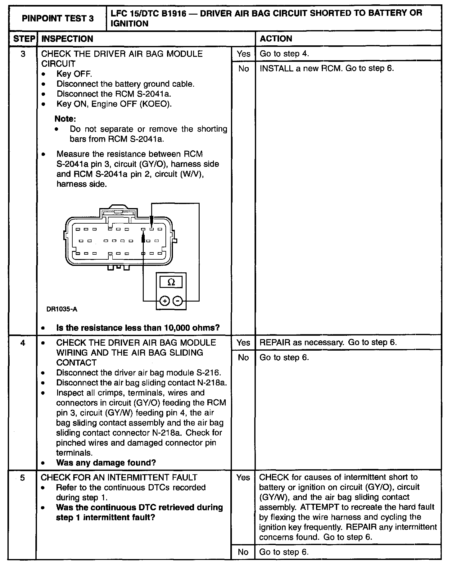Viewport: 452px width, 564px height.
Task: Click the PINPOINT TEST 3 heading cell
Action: coord(57,19)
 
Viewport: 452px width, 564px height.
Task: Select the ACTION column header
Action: coord(276,39)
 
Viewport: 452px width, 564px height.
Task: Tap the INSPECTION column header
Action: coord(67,39)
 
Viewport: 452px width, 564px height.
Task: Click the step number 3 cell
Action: coord(23,54)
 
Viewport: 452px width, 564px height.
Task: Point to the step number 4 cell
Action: coord(23,343)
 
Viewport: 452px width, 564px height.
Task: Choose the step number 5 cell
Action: coord(22,477)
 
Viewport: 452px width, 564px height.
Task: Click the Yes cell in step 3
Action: coord(243,54)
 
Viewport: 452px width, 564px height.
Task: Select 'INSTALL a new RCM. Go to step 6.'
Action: coord(327,68)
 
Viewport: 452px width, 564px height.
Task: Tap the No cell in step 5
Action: coord(243,552)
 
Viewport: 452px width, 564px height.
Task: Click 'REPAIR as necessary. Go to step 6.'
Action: coord(328,343)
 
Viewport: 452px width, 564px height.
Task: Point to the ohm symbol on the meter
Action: coord(171,282)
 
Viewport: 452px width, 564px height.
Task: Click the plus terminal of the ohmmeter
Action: coord(165,301)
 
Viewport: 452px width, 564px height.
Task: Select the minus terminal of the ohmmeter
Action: coord(177,301)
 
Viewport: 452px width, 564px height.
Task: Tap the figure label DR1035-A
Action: coord(62,309)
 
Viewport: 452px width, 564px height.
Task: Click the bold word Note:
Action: coord(65,119)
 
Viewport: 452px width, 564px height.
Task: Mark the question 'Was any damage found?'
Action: coord(106,463)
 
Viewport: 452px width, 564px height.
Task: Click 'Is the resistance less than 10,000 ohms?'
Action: coord(138,328)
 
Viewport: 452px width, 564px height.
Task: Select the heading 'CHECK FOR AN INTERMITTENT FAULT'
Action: coord(119,477)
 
